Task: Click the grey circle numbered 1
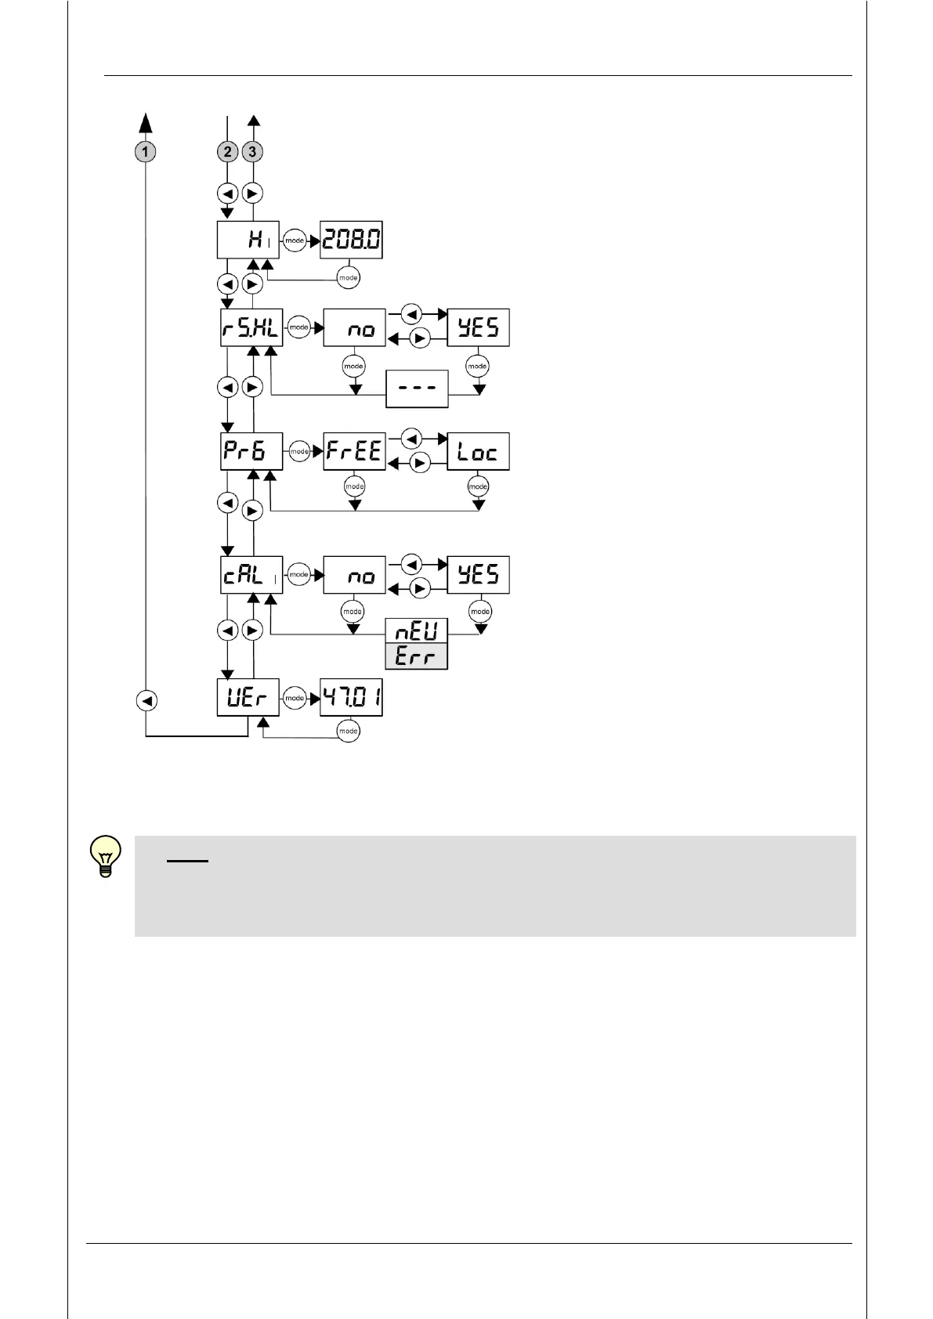[x=146, y=152]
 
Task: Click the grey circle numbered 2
[x=228, y=152]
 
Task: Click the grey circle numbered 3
[x=252, y=152]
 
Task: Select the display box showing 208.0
[x=352, y=240]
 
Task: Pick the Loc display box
[x=478, y=451]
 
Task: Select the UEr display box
[x=248, y=698]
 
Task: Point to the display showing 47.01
[x=352, y=698]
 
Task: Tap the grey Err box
[x=416, y=656]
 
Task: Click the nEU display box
[x=416, y=631]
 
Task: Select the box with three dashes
[x=417, y=389]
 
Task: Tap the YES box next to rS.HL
[x=478, y=328]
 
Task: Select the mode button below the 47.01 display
[x=348, y=732]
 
